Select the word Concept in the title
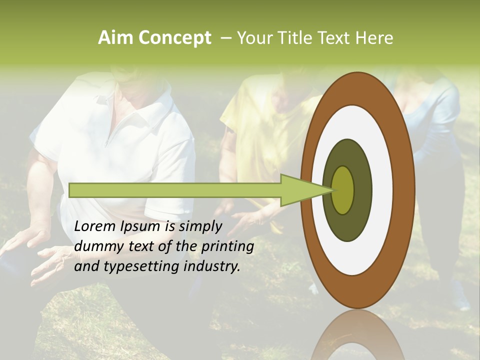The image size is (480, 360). point(174,38)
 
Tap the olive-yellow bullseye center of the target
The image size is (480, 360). point(343,190)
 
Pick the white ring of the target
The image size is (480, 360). point(380,190)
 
